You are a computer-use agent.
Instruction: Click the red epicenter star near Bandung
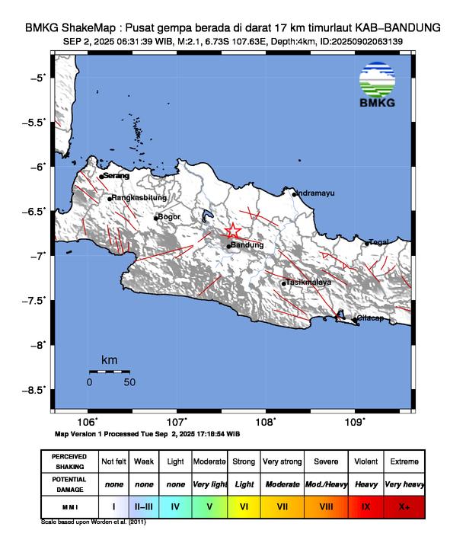[x=233, y=231]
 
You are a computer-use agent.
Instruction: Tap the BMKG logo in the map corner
[x=377, y=86]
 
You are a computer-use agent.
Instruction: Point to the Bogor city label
[x=168, y=217]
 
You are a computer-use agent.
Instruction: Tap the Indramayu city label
[x=315, y=193]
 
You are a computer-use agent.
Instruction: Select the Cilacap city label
[x=371, y=318]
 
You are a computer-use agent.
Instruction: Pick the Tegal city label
[x=379, y=242]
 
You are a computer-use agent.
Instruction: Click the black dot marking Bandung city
[x=228, y=246]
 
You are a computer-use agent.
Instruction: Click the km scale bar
[x=109, y=372]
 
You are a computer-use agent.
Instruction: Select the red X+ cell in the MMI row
[x=404, y=504]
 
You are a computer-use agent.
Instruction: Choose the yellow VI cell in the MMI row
[x=244, y=504]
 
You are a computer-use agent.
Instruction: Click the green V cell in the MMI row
[x=209, y=504]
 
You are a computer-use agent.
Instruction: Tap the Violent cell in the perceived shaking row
[x=366, y=461]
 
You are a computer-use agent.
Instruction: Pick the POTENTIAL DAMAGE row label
[x=69, y=483]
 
